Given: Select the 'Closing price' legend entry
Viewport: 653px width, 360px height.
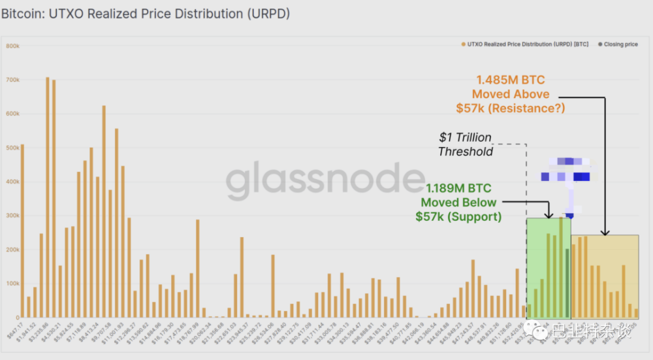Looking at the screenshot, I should coord(620,44).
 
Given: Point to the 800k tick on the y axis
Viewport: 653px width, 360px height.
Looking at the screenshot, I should coord(12,46).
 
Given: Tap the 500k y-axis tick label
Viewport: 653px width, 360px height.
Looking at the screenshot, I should coord(12,148).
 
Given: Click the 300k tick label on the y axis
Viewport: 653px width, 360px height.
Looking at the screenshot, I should coord(12,216).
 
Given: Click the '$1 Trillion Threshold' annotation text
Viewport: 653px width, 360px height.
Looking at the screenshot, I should coord(465,144).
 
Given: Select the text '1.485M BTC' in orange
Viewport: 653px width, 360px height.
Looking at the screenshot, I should coord(509,80).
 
